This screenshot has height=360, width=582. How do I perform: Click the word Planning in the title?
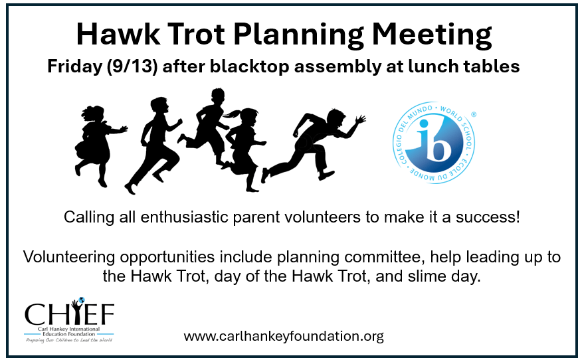tap(299, 35)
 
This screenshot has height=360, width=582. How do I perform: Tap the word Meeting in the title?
tap(432, 35)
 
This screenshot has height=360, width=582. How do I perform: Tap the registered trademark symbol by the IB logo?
tap(474, 115)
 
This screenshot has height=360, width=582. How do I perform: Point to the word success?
tap(488, 217)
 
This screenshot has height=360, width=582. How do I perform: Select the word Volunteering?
tap(69, 257)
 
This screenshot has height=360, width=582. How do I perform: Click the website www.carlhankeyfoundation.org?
tap(284, 336)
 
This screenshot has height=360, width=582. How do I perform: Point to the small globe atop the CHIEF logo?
tap(81, 300)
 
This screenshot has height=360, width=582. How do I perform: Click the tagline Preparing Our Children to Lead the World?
tap(69, 340)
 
